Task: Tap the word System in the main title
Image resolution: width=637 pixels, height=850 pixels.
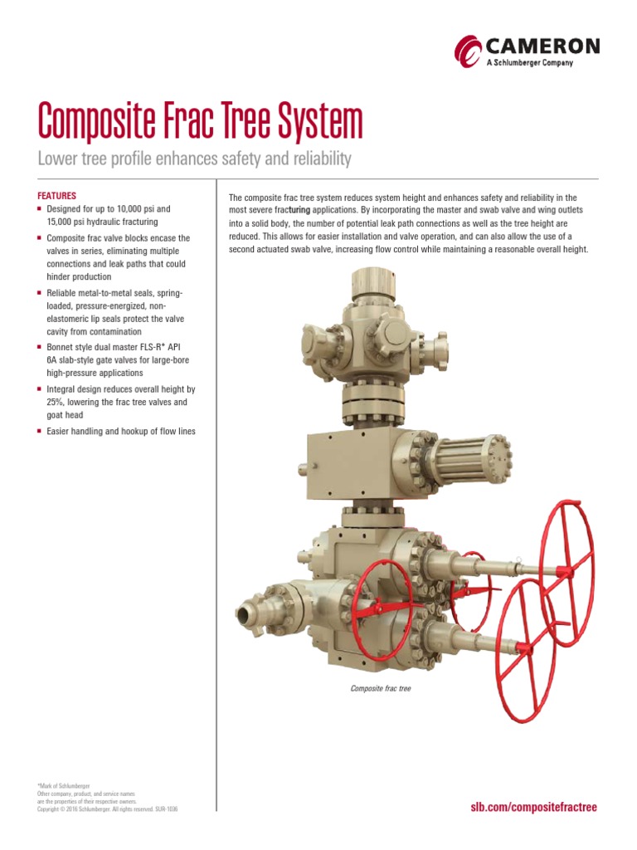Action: pos(317,123)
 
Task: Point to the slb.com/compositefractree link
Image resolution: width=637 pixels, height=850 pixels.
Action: pos(533,807)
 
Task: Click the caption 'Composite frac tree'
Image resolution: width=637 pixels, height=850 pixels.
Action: pos(381,688)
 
